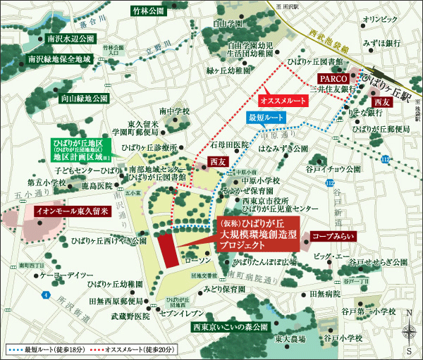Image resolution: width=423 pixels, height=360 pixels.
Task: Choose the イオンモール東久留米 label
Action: coord(66,211)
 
